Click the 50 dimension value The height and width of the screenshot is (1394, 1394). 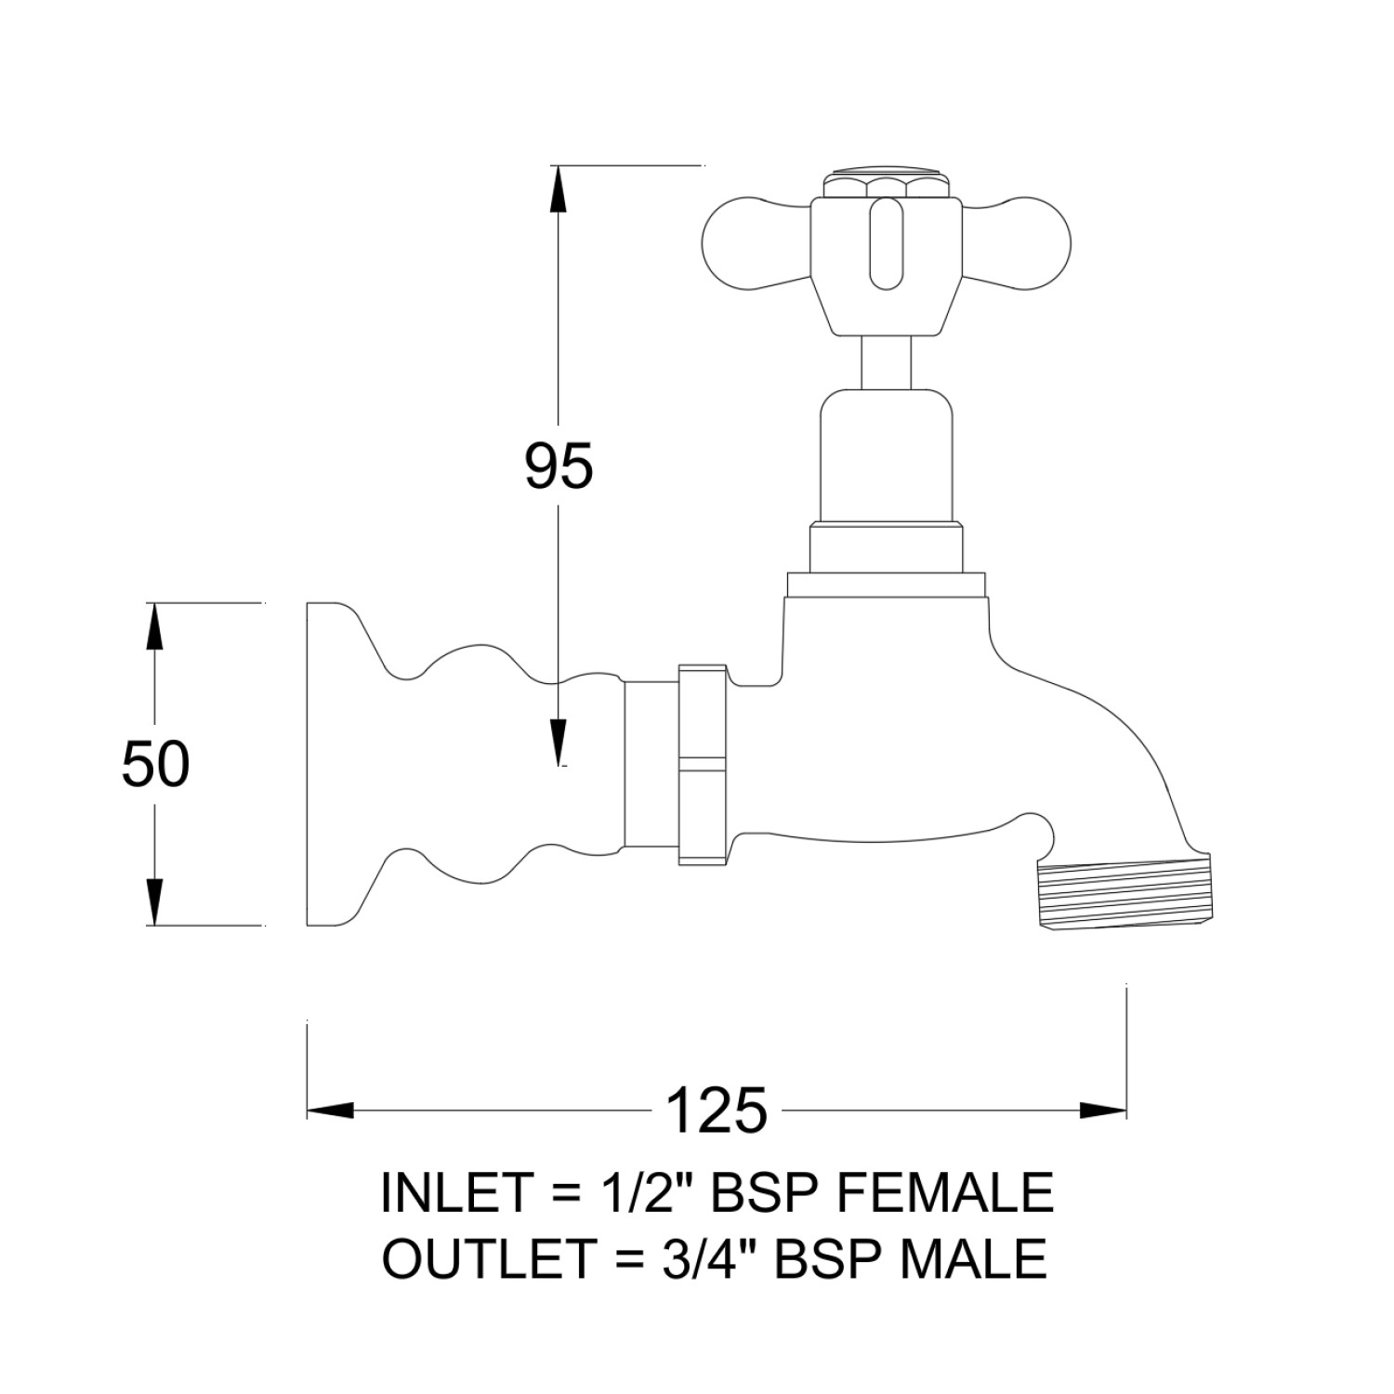coord(155,765)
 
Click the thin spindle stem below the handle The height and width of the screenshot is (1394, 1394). coord(885,362)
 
